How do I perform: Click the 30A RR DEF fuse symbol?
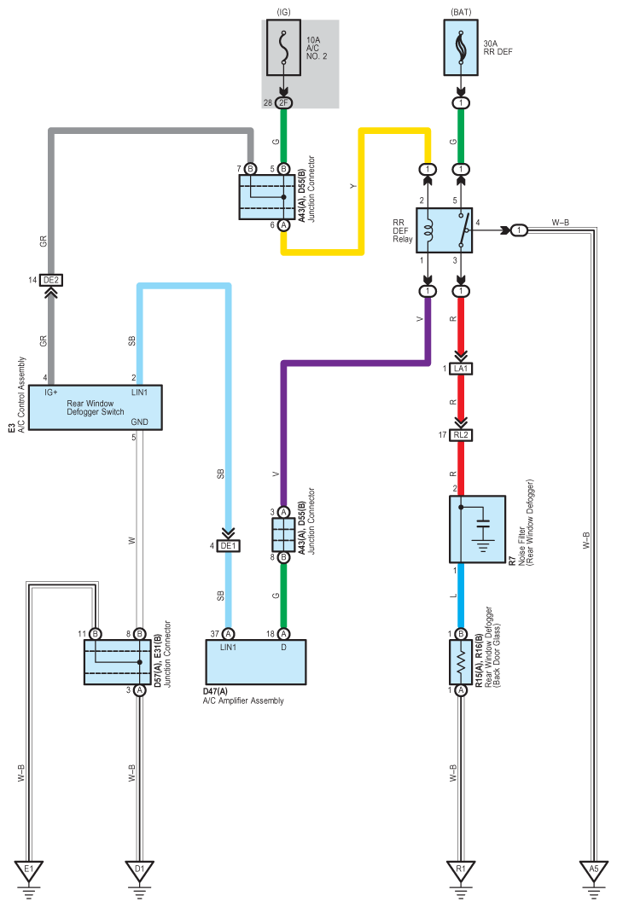[461, 48]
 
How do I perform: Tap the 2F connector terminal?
[283, 103]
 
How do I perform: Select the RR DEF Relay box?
[444, 230]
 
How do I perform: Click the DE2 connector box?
[51, 280]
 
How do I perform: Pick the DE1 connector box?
[228, 545]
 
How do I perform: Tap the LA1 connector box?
[461, 369]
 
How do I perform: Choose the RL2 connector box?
[461, 435]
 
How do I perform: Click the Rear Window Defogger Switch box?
[96, 407]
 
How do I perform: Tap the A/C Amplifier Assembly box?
[256, 662]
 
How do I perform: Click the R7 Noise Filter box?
[478, 529]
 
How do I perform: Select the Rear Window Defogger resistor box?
[461, 662]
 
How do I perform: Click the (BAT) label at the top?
[461, 12]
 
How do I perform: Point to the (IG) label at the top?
[283, 12]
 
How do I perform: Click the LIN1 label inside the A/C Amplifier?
[228, 648]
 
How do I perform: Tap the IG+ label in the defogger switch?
[51, 392]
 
